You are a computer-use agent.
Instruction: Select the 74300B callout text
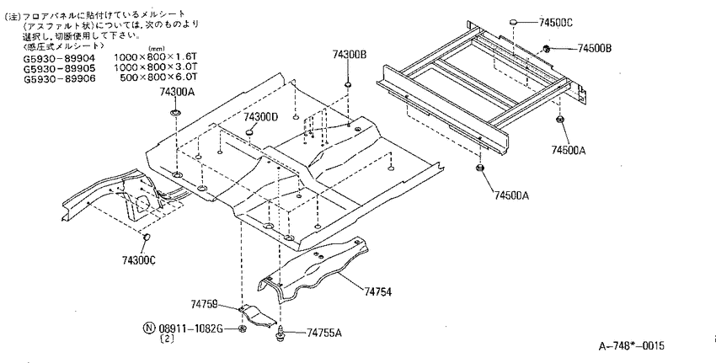pos(350,55)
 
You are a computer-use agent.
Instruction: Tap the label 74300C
pos(139,260)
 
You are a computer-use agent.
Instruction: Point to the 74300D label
pos(260,117)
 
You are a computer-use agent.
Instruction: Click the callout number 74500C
pos(556,22)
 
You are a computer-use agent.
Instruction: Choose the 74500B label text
pos(595,48)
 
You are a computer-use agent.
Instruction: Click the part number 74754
pos(377,291)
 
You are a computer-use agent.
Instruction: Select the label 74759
pos(204,304)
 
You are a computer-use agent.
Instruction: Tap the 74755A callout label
pos(323,333)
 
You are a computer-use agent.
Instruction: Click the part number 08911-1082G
pos(191,328)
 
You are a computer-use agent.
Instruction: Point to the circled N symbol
pos(149,328)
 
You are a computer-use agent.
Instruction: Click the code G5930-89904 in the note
pos(59,58)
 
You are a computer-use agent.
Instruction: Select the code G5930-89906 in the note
pos(59,78)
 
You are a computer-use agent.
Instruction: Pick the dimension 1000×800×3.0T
pos(155,68)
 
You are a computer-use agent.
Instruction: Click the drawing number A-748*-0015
pos(632,345)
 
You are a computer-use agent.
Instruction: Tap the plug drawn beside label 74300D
pos(249,132)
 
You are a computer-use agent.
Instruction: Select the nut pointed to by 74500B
pos(546,48)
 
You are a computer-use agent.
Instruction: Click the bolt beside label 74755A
pos(280,333)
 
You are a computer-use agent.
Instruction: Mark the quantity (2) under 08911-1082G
pos(167,339)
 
